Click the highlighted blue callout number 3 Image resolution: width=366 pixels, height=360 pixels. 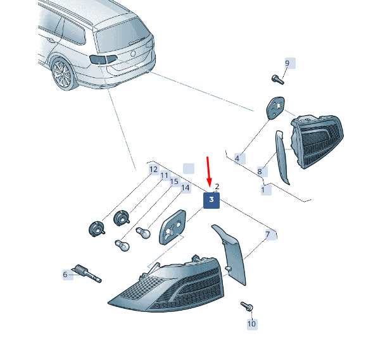[x=211, y=201]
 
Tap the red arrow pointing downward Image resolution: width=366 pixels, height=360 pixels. [x=209, y=171]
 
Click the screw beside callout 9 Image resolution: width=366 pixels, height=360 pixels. [x=278, y=80]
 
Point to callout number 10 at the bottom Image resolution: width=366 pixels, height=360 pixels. [x=251, y=324]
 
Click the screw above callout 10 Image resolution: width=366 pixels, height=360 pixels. [x=247, y=306]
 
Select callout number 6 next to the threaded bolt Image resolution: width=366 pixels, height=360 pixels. [x=65, y=275]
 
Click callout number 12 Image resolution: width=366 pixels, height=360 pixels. [x=153, y=170]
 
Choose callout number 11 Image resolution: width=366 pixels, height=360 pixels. [x=164, y=175]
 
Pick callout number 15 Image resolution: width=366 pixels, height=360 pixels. [x=174, y=182]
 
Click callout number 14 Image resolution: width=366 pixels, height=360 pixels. [x=186, y=188]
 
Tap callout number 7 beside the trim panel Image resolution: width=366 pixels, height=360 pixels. [x=268, y=235]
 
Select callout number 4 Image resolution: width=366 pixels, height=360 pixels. [x=237, y=159]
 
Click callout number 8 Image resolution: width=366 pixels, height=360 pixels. [x=260, y=171]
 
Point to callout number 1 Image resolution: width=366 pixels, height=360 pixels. [x=263, y=190]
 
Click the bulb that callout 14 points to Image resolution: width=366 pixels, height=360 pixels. [x=143, y=233]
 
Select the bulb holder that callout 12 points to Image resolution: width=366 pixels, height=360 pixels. [x=97, y=230]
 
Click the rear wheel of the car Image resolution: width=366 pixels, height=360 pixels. [x=63, y=74]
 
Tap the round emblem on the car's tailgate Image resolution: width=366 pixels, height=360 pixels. [x=133, y=54]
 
